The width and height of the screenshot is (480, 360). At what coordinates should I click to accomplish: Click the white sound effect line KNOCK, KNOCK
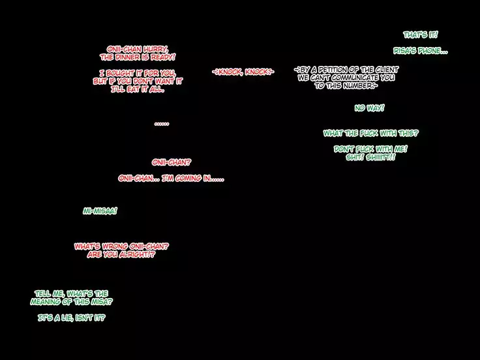[243, 71]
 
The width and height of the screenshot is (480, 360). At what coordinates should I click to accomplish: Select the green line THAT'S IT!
[421, 35]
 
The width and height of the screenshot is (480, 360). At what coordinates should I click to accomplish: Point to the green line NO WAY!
[369, 108]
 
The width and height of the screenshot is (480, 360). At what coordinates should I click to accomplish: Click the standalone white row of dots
[162, 123]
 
